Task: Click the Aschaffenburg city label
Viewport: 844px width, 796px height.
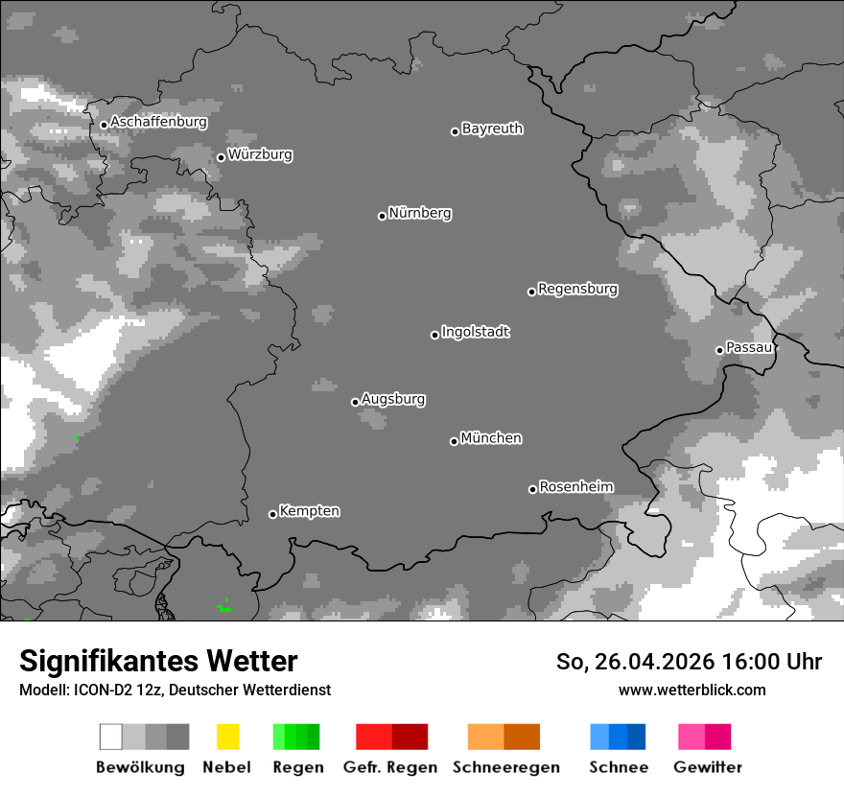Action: pyautogui.click(x=158, y=123)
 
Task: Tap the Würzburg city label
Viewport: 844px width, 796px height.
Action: pyautogui.click(x=260, y=154)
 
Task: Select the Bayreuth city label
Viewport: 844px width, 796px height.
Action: pyautogui.click(x=492, y=129)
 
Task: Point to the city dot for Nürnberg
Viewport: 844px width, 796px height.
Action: pyautogui.click(x=382, y=216)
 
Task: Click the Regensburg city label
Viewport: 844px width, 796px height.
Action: pyautogui.click(x=577, y=289)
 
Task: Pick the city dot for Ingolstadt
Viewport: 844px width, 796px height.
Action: pyautogui.click(x=434, y=335)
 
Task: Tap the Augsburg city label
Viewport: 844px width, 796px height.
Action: pyautogui.click(x=393, y=399)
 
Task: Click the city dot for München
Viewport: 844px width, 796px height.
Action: pyautogui.click(x=454, y=441)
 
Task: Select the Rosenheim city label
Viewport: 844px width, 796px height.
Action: pyautogui.click(x=575, y=486)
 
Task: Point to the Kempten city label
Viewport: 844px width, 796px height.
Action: pyautogui.click(x=310, y=511)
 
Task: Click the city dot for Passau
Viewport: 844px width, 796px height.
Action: pyautogui.click(x=719, y=350)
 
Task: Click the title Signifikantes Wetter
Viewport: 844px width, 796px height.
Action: pyautogui.click(x=158, y=661)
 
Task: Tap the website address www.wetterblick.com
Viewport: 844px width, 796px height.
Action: pyautogui.click(x=692, y=690)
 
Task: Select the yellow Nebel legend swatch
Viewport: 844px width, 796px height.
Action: pyautogui.click(x=227, y=737)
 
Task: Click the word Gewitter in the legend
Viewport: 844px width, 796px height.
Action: pyautogui.click(x=708, y=767)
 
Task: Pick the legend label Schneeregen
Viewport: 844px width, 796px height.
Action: pyautogui.click(x=505, y=767)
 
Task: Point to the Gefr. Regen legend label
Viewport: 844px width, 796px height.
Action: pyautogui.click(x=389, y=767)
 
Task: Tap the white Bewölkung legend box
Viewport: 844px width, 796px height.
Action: pyautogui.click(x=111, y=737)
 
